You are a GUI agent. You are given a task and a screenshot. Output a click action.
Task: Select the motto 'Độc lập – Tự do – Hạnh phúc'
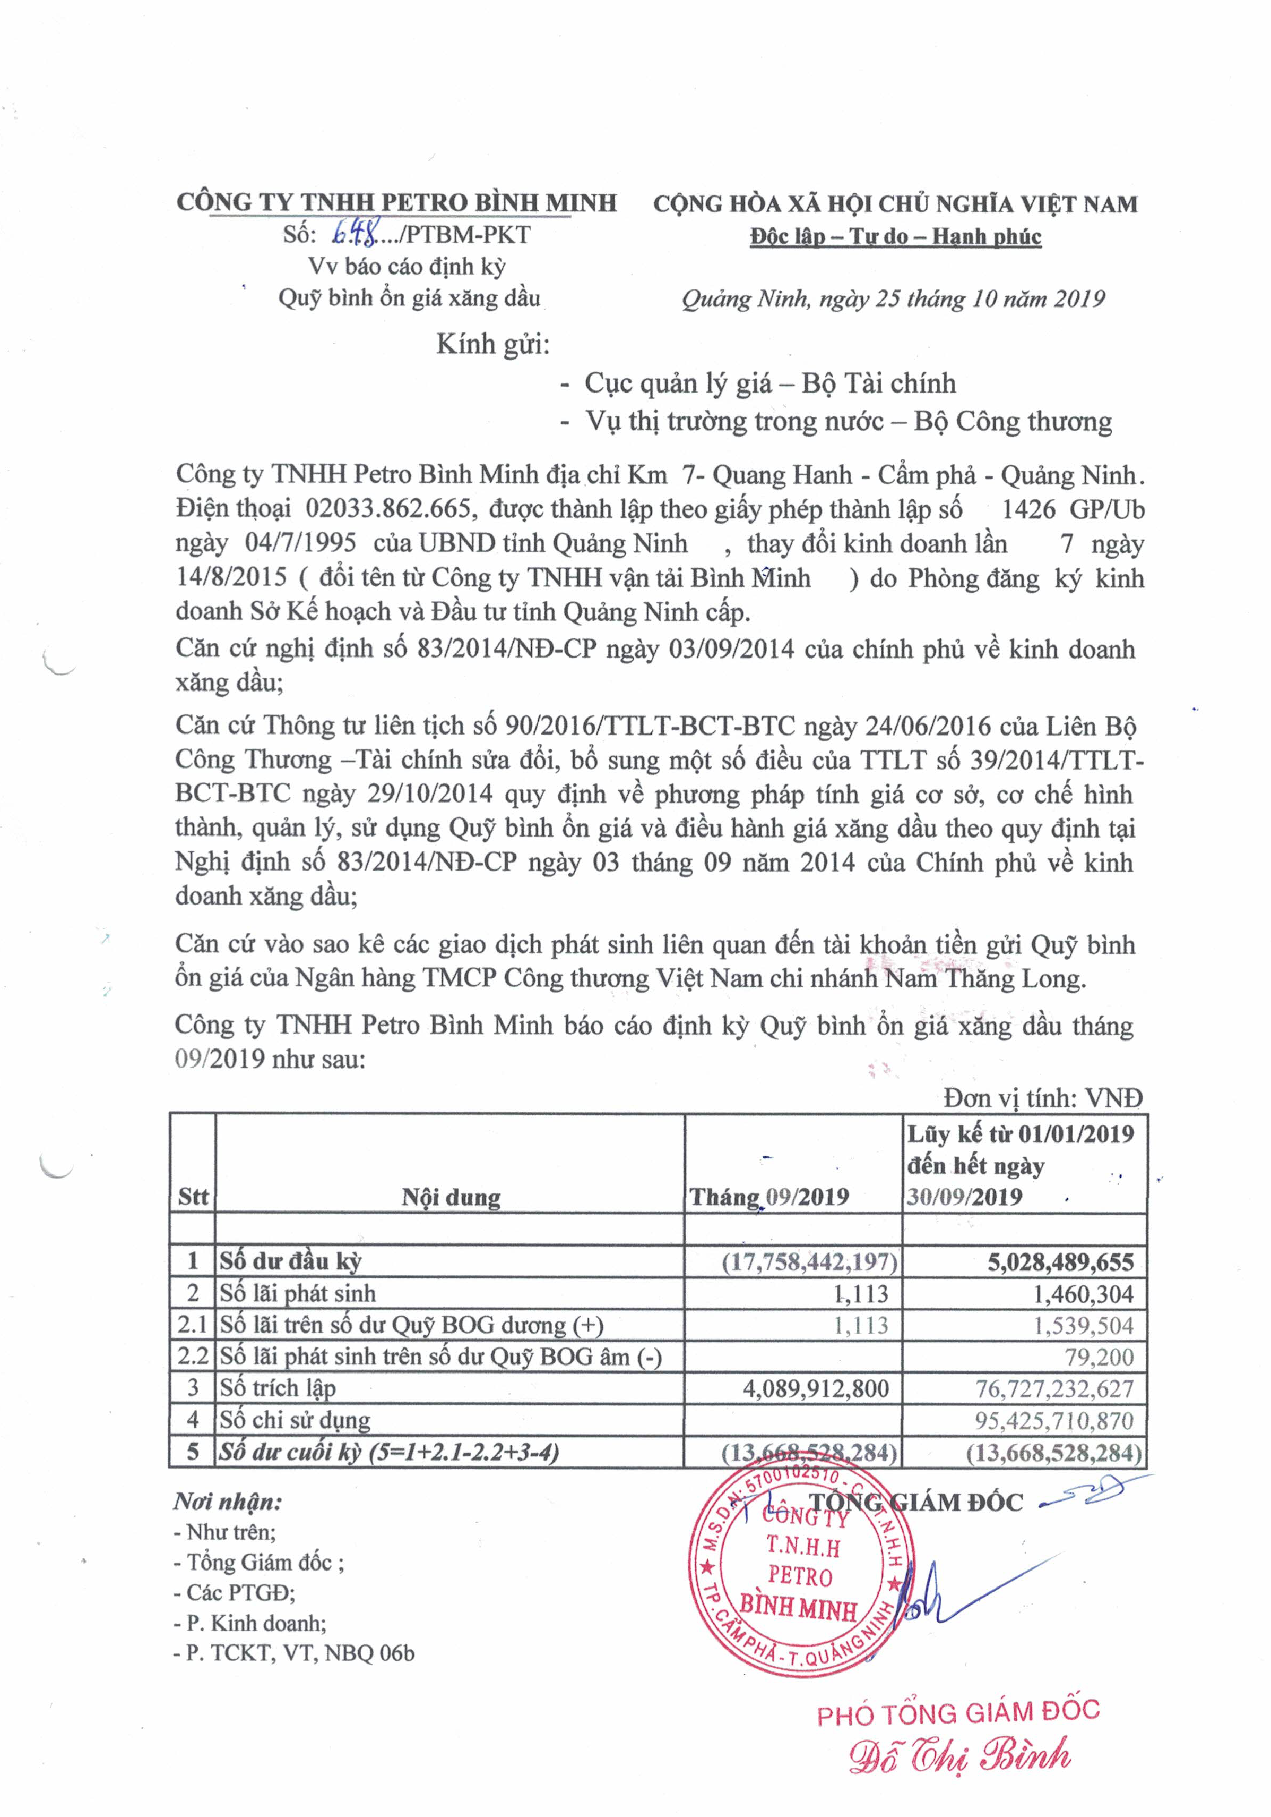pos(895,237)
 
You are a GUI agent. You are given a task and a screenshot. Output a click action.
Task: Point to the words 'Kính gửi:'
pos(492,344)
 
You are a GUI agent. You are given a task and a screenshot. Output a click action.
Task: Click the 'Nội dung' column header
pos(451,1197)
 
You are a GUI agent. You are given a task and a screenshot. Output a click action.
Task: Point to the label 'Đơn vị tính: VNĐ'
pos(1042,1098)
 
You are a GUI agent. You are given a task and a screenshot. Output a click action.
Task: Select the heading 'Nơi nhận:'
pos(228,1501)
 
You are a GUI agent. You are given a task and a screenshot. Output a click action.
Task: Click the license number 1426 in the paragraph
pos(1028,509)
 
